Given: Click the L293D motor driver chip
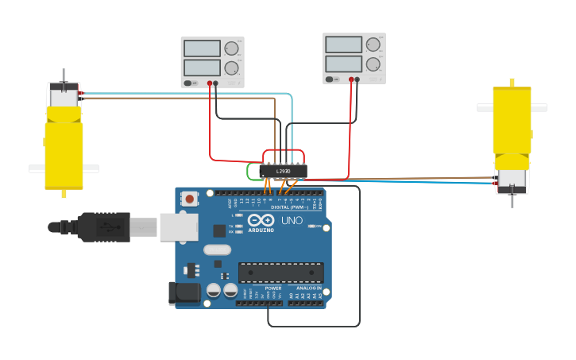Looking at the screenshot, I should coord(284,171).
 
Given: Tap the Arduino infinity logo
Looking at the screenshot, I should coord(260,220).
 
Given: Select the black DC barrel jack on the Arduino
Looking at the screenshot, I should coord(185,292).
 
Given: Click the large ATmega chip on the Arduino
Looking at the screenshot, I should coord(280,273).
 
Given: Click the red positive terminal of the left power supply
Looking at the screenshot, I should coord(211,83).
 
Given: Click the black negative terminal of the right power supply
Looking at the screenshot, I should coord(357,79).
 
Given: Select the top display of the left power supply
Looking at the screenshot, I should coord(202,48).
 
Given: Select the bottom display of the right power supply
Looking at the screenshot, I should coord(343,63).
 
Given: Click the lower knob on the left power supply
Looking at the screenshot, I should coord(231,68).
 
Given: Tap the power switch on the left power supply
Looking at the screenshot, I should coord(188,83).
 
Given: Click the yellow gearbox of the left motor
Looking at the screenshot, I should coord(64,151).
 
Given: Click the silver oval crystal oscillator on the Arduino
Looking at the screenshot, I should coord(217,250).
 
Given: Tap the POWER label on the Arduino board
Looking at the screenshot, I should coord(262,288).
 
